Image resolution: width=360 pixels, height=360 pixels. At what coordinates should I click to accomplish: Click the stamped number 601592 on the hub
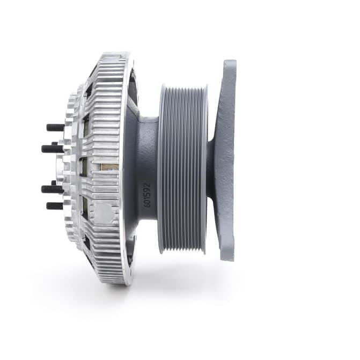click(147, 195)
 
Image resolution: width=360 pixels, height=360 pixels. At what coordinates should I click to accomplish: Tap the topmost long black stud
click(56, 128)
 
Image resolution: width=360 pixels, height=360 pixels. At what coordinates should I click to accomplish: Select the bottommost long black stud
click(55, 205)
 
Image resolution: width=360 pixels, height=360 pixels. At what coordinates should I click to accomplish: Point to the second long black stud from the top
click(53, 149)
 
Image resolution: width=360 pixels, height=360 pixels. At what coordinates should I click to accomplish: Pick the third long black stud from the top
click(53, 189)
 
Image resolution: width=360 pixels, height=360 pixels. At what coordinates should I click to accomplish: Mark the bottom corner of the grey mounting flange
click(229, 260)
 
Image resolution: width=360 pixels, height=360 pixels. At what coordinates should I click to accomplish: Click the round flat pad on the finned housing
click(104, 214)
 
